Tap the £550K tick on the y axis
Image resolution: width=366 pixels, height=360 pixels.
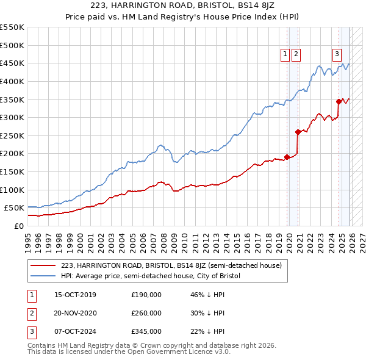click(x=12, y=27)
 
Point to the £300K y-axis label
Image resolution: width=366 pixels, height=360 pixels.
click(x=12, y=117)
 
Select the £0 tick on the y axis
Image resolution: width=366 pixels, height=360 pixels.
click(x=19, y=226)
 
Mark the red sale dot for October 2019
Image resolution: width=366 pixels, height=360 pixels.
click(x=287, y=157)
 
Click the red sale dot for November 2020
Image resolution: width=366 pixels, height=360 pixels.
click(x=298, y=132)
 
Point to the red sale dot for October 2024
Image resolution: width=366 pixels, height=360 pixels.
click(x=339, y=101)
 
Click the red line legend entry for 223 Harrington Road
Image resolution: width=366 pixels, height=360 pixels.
click(x=171, y=265)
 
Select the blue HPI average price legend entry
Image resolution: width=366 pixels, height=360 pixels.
click(x=151, y=276)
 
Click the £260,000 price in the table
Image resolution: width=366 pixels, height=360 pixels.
click(x=146, y=313)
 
